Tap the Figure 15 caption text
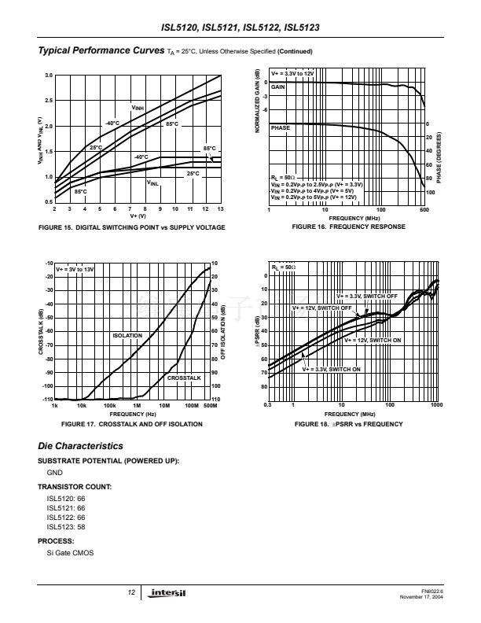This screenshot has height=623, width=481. (131, 227)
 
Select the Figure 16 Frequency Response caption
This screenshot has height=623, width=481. (348, 227)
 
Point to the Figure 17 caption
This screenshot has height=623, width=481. (131, 424)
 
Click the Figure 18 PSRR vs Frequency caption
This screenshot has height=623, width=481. (348, 424)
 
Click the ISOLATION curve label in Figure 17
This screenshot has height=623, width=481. (127, 336)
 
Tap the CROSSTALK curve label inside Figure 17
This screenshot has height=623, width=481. (185, 378)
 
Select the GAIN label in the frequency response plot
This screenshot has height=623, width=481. (277, 87)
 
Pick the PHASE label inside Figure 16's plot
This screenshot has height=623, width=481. (280, 127)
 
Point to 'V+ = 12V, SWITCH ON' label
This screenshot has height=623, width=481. (373, 341)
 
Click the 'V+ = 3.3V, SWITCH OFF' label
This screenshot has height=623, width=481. (367, 296)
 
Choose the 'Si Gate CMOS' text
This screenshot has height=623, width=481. (70, 555)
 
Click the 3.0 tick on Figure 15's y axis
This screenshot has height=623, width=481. (47, 75)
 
